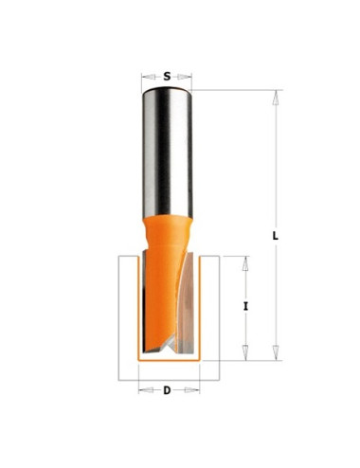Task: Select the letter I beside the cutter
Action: tap(245, 306)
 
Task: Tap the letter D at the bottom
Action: tap(167, 390)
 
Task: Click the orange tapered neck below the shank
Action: tap(167, 232)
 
